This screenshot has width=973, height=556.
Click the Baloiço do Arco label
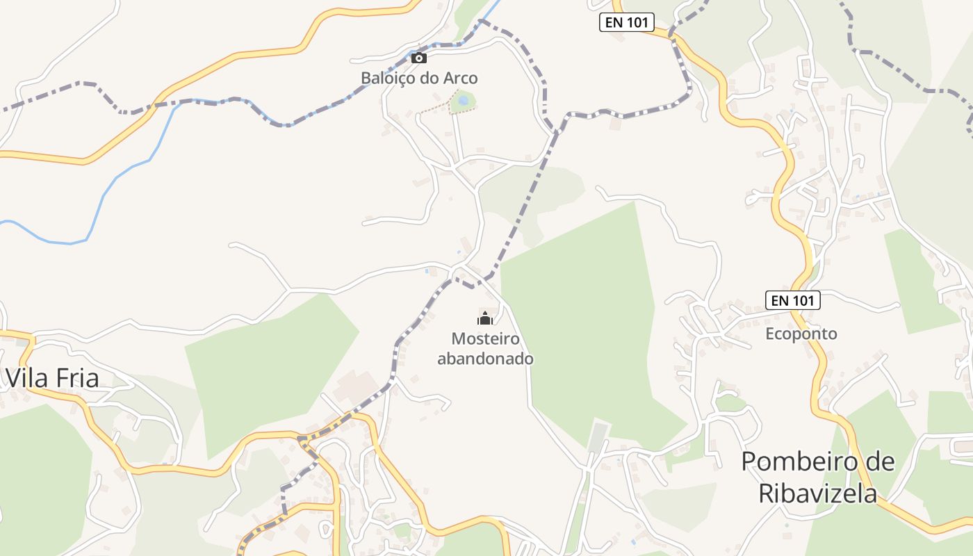[419, 78]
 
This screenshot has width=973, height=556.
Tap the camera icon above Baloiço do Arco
[418, 58]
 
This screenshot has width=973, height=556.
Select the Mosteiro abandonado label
[485, 349]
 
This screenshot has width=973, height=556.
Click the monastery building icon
[485, 319]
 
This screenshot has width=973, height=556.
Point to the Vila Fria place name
[53, 378]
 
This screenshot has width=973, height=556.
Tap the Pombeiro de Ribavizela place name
[817, 477]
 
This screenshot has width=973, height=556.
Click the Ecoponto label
[801, 334]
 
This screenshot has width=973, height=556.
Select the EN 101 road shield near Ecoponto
[793, 300]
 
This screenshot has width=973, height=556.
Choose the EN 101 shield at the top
[626, 22]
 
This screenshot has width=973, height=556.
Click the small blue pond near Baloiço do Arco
[463, 101]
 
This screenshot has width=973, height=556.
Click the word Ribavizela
[817, 493]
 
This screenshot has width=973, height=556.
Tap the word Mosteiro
[485, 338]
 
